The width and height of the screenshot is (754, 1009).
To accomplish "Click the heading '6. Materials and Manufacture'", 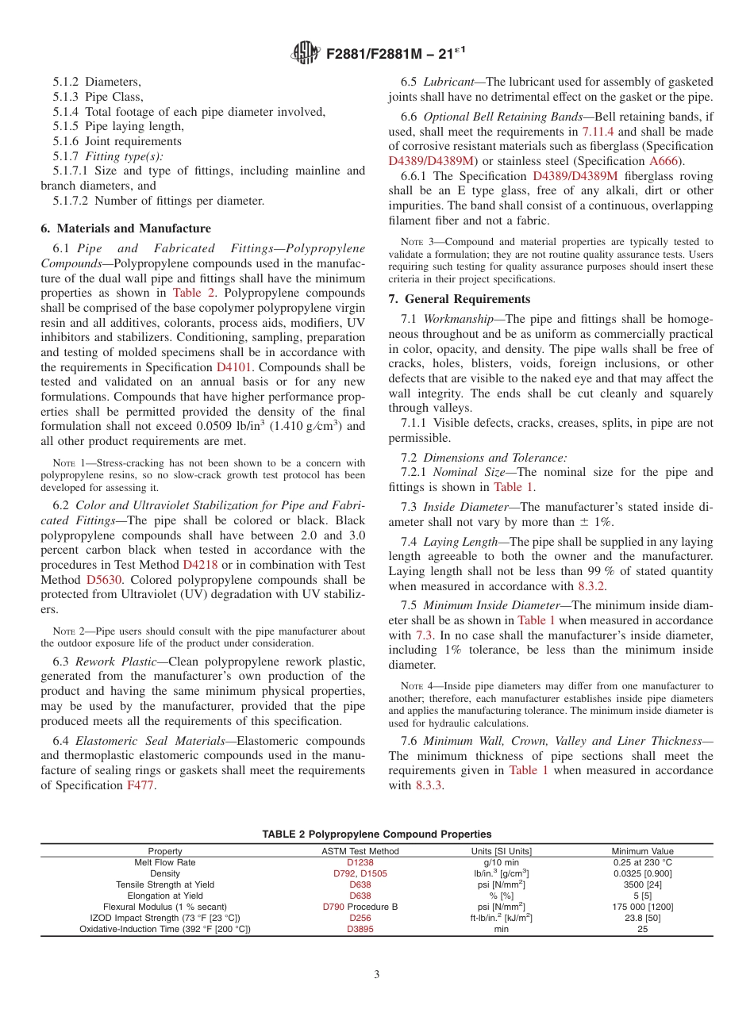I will pyautogui.click(x=125, y=228).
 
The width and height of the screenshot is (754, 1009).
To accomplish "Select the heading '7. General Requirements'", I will pyautogui.click(x=460, y=299).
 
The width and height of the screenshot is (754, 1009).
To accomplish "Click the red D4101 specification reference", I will pyautogui.click(x=236, y=367).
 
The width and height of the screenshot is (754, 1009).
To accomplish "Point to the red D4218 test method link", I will pyautogui.click(x=200, y=564).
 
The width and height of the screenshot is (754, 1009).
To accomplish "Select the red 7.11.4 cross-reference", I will pyautogui.click(x=598, y=132).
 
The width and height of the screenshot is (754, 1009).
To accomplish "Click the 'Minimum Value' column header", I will pyautogui.click(x=642, y=851).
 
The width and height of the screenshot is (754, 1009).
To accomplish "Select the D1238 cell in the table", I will pyautogui.click(x=360, y=862).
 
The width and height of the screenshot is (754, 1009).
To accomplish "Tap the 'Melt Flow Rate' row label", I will pyautogui.click(x=165, y=862).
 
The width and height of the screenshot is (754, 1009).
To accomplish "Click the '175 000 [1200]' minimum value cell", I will pyautogui.click(x=642, y=907).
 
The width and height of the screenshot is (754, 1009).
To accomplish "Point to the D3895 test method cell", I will pyautogui.click(x=360, y=929).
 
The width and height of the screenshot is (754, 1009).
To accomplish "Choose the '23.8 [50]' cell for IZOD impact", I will pyautogui.click(x=642, y=918).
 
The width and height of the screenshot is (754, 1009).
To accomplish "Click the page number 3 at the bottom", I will pyautogui.click(x=377, y=975).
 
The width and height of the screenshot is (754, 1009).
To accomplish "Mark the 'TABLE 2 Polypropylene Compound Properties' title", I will pyautogui.click(x=377, y=834).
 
